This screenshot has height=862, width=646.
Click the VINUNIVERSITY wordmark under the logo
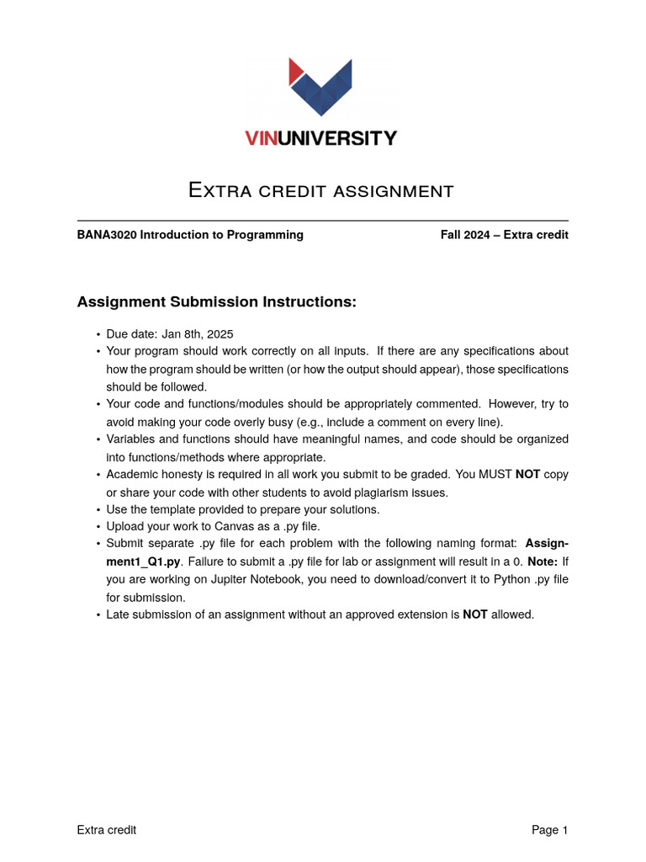coord(321,138)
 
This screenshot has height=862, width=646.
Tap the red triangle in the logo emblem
coord(294,71)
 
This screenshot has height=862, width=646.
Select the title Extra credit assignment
coord(321,190)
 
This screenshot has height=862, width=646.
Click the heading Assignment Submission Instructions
coord(217,301)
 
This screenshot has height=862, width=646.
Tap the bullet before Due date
coord(98,334)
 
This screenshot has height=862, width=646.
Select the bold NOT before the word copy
coord(528,475)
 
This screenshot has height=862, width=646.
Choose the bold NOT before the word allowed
coord(475,615)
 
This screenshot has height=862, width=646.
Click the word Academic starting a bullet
coord(133,475)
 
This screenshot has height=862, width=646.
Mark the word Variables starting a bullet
coord(133,439)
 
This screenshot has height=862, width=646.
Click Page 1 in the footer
coord(549,830)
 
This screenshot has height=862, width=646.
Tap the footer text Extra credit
coord(107,830)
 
